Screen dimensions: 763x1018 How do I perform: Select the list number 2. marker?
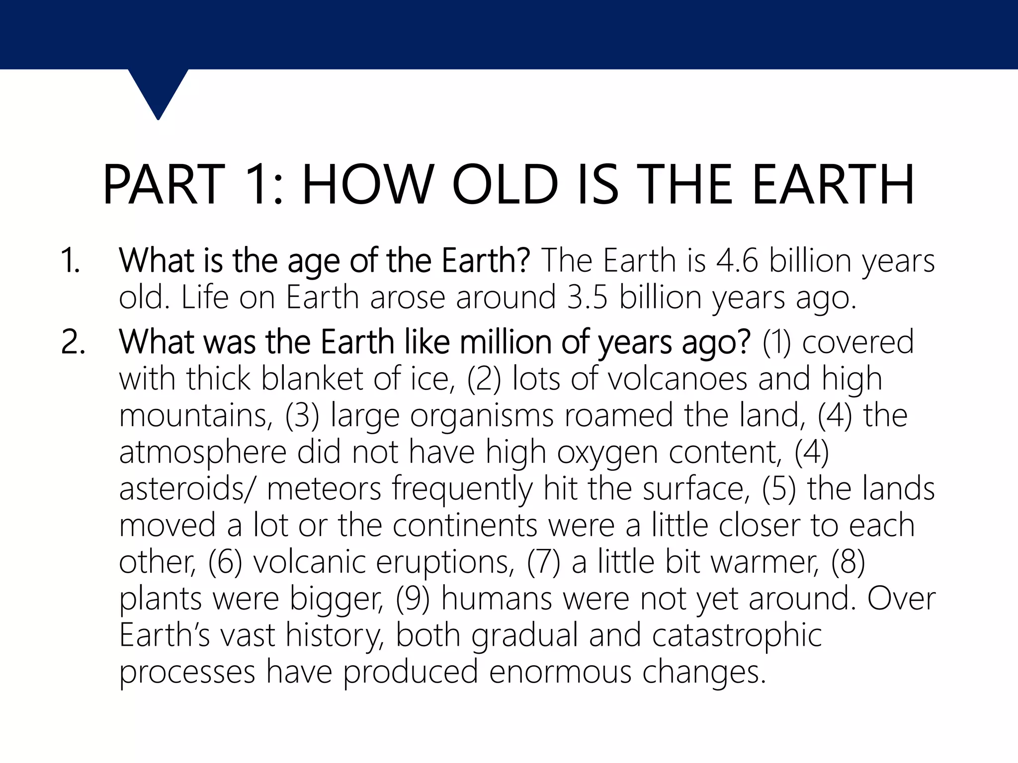coord(73,342)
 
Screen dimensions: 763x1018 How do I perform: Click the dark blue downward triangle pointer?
coord(158,92)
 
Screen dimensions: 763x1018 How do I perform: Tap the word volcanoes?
coord(677,379)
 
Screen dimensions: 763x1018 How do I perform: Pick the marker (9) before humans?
coord(413,599)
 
